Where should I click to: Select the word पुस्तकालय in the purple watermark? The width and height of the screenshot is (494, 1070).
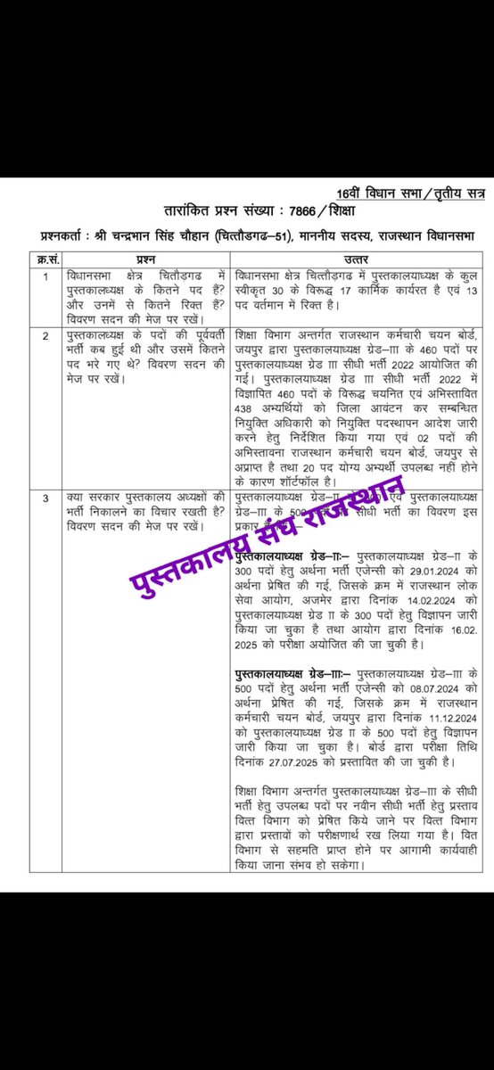[176, 564]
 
